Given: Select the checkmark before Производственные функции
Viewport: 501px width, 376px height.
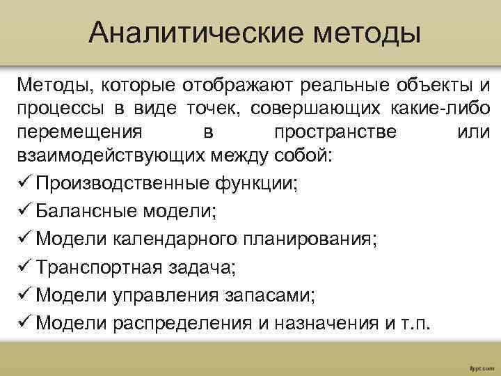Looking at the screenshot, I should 24,183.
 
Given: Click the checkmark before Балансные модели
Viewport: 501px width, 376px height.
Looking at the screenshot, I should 24,211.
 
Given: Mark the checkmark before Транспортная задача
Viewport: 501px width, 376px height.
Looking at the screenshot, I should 24,267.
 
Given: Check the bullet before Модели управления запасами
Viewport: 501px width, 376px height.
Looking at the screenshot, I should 24,295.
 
